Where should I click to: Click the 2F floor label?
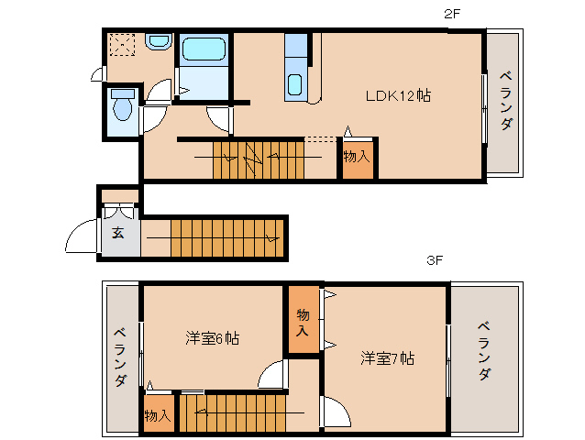pos(451,16)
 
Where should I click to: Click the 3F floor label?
pos(435,260)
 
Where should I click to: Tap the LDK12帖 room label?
pos(399,95)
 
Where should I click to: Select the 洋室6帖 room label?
pos(212,338)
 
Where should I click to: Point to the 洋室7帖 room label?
pos(386,357)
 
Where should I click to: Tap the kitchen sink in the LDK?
pos(294,84)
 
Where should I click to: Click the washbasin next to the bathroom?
pos(159,42)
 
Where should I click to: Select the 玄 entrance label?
pos(118,233)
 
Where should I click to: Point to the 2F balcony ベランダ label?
pos(505,100)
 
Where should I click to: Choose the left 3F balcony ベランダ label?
pos(120,356)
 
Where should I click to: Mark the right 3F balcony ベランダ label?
pos(483,350)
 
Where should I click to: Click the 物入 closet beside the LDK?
pos(357,158)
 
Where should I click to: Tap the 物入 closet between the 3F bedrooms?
pos(303,321)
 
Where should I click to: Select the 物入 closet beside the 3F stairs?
pos(158,415)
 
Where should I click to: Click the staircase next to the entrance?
pos(226,237)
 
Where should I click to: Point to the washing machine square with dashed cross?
pos(122,45)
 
